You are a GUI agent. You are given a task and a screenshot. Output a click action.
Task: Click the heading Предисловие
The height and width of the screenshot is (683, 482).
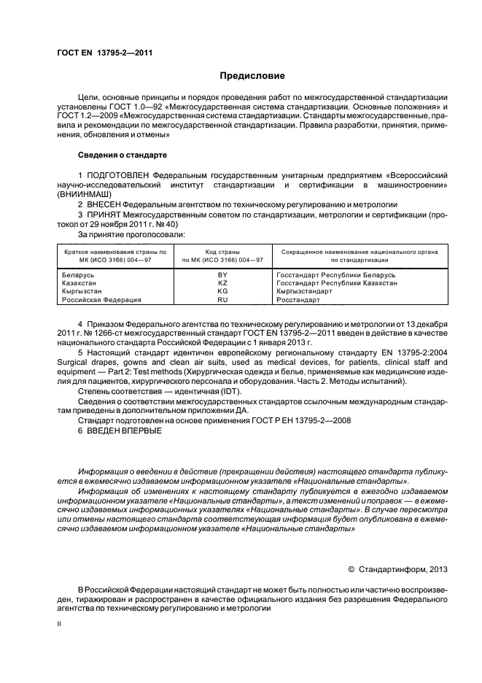253,76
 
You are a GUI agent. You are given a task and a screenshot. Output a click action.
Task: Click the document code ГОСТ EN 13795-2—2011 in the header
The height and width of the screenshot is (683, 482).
104,53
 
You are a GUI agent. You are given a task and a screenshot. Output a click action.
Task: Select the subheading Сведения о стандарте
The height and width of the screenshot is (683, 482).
123,155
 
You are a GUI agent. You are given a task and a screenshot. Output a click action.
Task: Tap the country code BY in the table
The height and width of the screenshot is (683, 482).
223,274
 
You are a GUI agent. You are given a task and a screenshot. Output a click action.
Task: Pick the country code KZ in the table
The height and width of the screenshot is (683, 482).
223,282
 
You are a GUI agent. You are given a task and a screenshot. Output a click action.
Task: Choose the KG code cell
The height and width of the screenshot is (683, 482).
223,290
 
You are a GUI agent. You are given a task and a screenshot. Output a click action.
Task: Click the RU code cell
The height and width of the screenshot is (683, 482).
223,299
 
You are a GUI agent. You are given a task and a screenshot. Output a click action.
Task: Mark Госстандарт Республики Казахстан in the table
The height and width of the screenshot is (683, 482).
337,282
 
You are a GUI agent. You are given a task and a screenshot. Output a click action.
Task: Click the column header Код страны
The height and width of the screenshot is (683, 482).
222,251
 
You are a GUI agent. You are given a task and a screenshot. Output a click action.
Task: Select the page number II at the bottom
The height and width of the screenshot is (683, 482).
60,625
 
